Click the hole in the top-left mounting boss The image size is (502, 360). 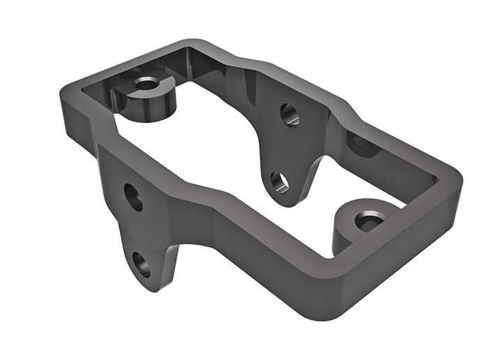[x=146, y=84]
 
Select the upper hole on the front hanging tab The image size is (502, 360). [x=133, y=197]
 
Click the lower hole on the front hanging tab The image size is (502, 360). [x=142, y=264]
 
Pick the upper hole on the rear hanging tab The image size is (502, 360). [x=289, y=114]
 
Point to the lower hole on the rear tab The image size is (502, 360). [x=279, y=181]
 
